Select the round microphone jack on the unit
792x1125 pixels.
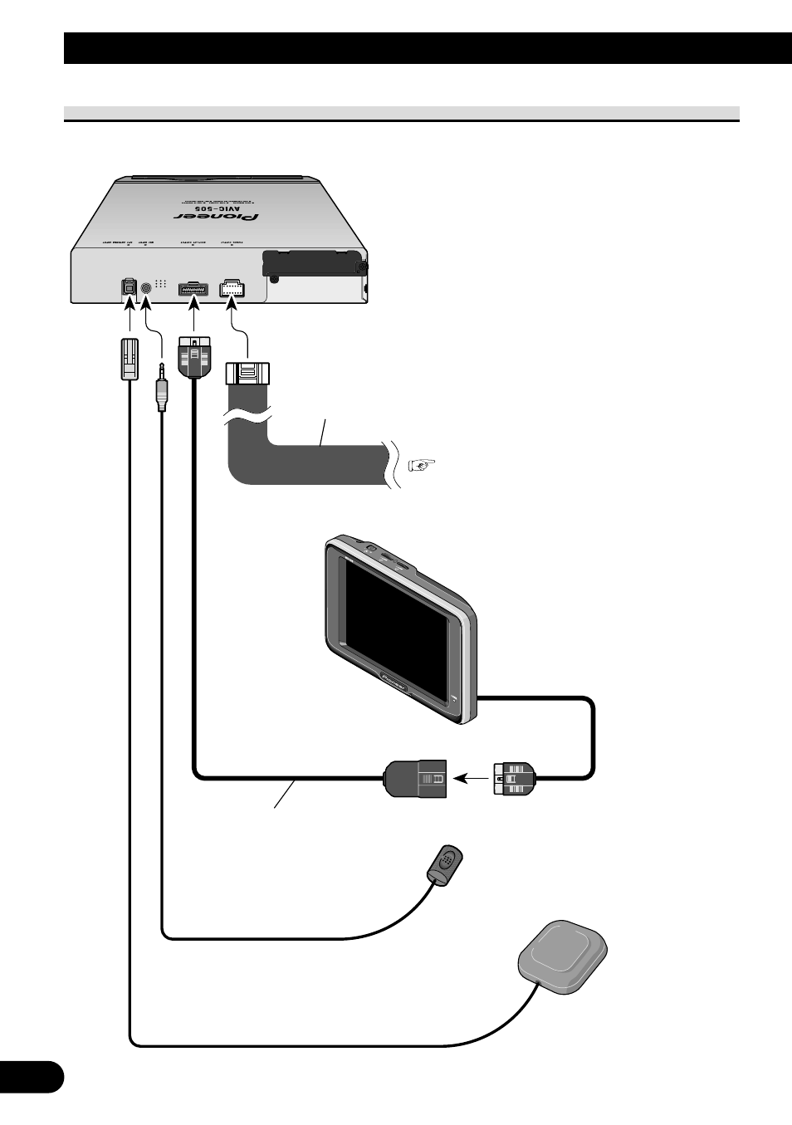coord(147,287)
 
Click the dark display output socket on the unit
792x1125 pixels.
coord(193,288)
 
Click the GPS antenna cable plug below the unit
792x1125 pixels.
coord(129,360)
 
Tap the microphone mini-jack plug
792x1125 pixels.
coord(161,386)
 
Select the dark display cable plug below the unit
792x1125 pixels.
coord(194,357)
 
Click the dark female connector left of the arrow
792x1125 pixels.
coord(416,779)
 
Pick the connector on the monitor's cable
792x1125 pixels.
coord(516,779)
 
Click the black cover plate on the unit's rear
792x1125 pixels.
coord(312,262)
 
